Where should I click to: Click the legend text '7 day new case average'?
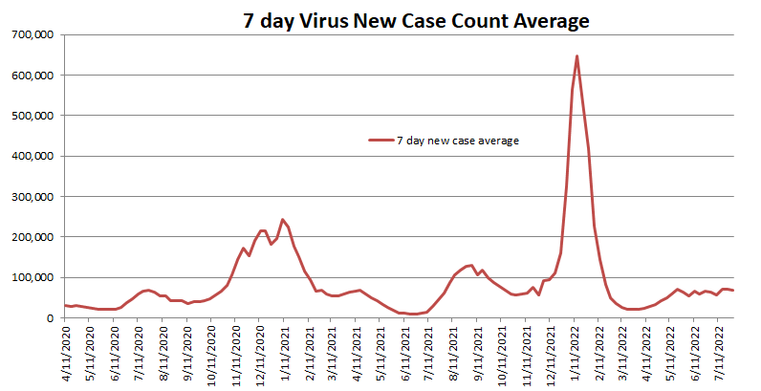[x=458, y=141]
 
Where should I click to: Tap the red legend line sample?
[x=380, y=141]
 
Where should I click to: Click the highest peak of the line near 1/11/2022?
[x=577, y=55]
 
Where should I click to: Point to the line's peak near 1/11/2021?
[x=282, y=219]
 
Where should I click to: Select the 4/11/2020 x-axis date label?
[x=66, y=354]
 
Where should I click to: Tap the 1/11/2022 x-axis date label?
[x=576, y=354]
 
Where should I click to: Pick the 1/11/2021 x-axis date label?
[x=285, y=354]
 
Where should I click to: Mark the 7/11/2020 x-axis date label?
[x=140, y=354]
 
